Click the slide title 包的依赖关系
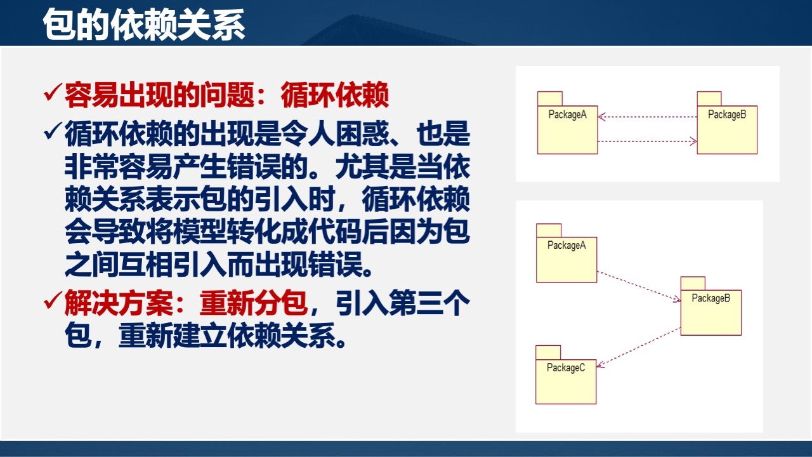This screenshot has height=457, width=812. tap(144, 26)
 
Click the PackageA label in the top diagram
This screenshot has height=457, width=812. tap(567, 115)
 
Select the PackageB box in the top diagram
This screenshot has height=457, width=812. tap(727, 129)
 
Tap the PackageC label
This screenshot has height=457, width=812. tap(566, 368)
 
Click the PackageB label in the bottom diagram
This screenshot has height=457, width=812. tap(710, 298)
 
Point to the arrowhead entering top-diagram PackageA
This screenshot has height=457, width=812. tap(602, 117)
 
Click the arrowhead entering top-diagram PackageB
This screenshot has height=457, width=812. tap(693, 142)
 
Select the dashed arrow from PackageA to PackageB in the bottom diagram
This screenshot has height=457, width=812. tap(638, 285)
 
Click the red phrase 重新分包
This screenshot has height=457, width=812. tap(254, 305)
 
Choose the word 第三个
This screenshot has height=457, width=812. tap(429, 305)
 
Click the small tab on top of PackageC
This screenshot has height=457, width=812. tap(548, 352)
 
